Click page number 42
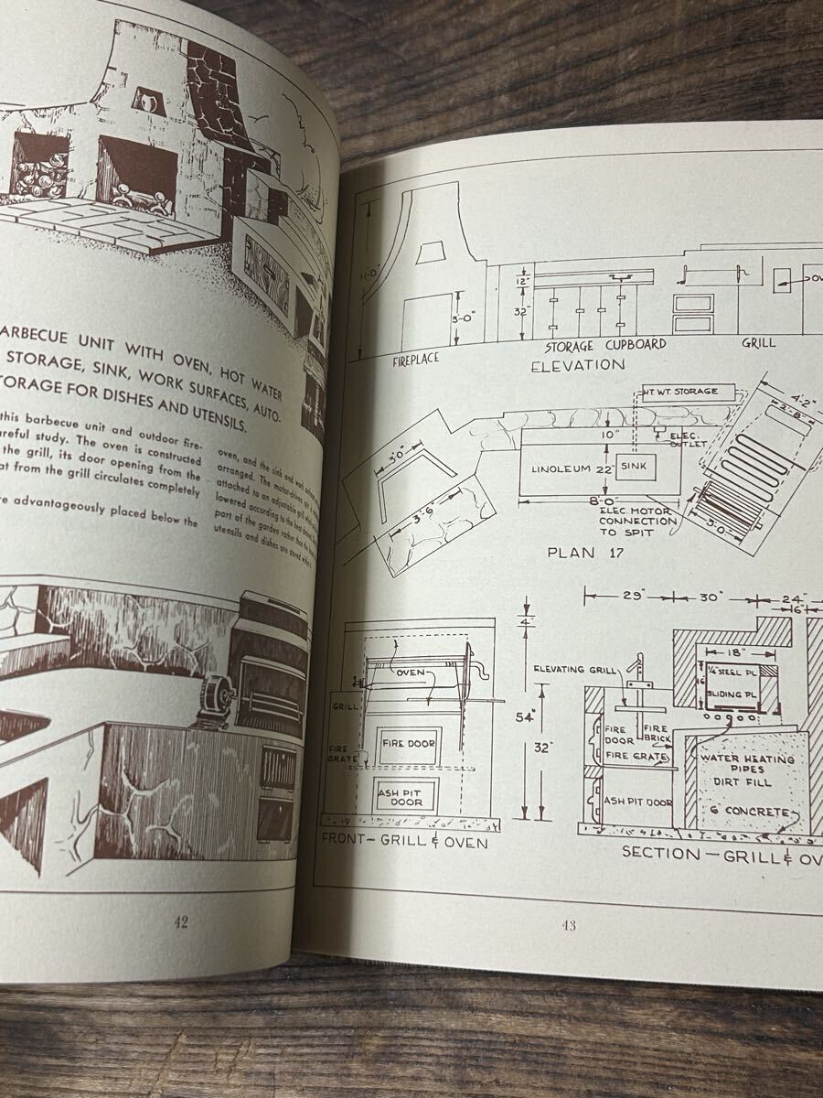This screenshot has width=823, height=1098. pyautogui.click(x=180, y=922)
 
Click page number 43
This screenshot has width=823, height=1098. pyautogui.click(x=568, y=925)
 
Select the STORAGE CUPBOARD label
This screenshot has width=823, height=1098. pyautogui.click(x=605, y=346)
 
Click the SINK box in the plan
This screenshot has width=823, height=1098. pyautogui.click(x=635, y=466)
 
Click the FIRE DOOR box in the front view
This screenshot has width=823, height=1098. pyautogui.click(x=408, y=743)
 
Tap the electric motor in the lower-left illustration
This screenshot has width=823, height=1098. pyautogui.click(x=212, y=700)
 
